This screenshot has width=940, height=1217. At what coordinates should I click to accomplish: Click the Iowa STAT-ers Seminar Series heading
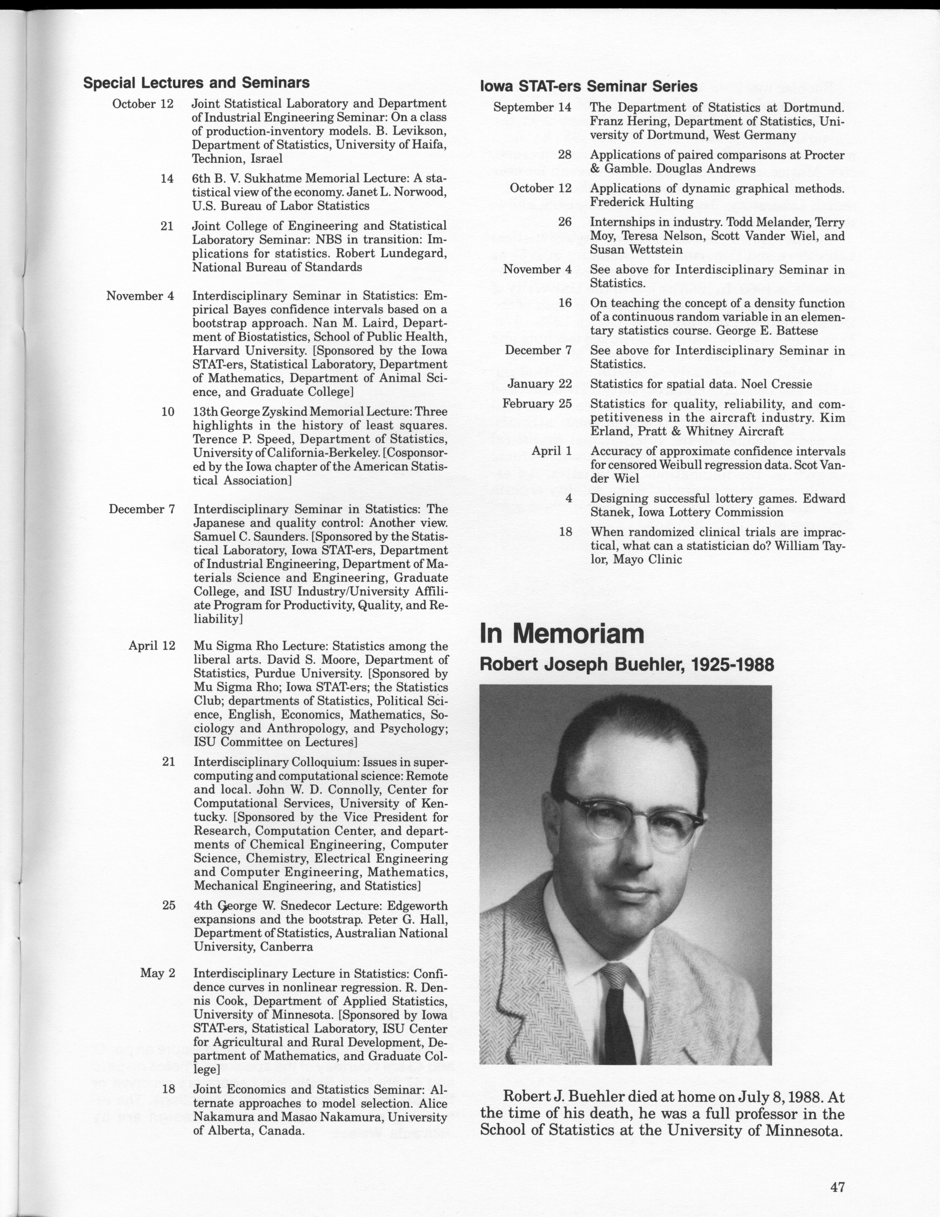click(589, 86)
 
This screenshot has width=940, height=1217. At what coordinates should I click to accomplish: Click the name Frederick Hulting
click(642, 202)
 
